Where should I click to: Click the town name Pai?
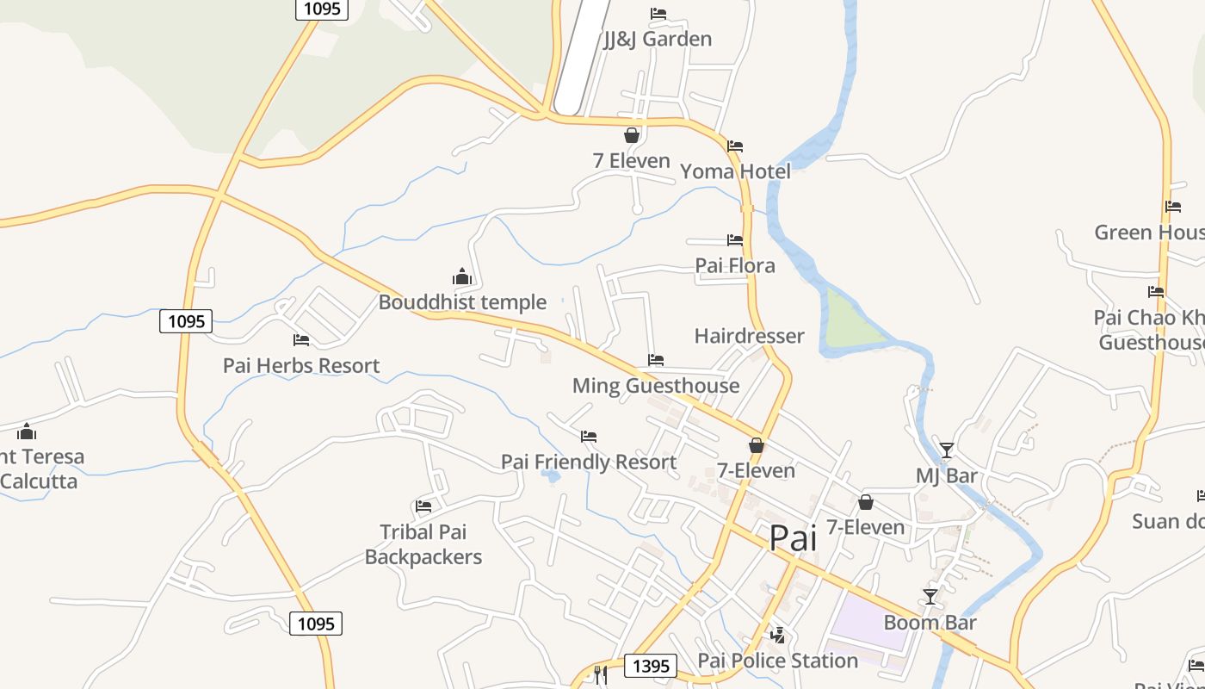pos(792,538)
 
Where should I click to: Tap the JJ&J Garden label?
pos(658,39)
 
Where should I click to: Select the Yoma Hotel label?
pos(735,171)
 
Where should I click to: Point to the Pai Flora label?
pos(735,265)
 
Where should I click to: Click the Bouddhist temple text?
pos(462,302)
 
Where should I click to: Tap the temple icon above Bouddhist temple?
pos(462,276)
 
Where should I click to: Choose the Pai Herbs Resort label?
pos(301,365)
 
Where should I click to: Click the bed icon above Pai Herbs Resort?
pos(301,340)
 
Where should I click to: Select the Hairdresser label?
pos(749,336)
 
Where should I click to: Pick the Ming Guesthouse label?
pos(656,385)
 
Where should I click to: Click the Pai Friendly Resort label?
pos(589,462)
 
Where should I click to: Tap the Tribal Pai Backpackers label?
pos(423,544)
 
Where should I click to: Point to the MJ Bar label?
pos(946,475)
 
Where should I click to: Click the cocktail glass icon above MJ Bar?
pos(947,450)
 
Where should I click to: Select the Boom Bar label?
pos(930,622)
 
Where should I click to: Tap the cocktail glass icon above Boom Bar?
pos(930,596)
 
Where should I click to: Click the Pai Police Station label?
pos(777,661)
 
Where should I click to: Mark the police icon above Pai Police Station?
pos(778,636)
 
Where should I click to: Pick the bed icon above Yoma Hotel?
pos(735,146)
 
